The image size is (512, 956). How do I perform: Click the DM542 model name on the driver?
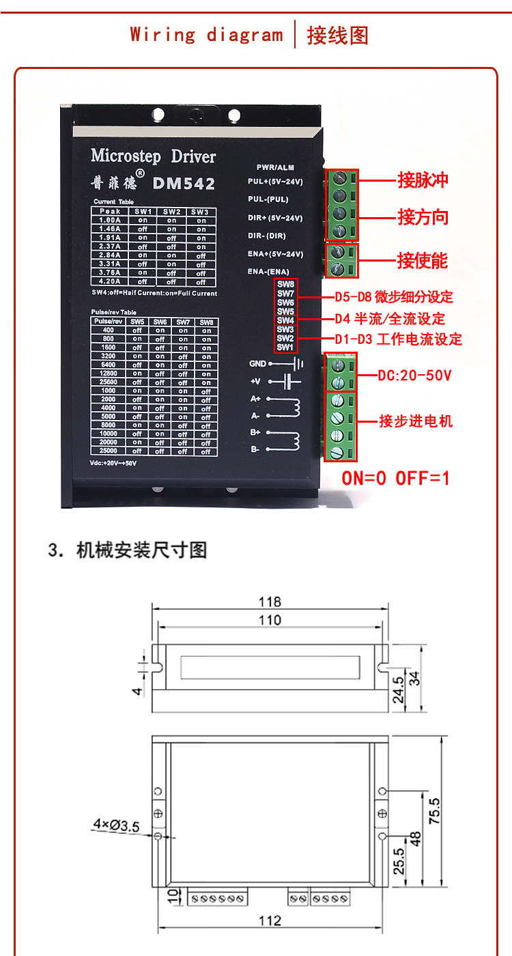coord(184,184)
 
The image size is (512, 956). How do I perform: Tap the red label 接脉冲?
coord(423,180)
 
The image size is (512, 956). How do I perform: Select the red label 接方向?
coord(423,218)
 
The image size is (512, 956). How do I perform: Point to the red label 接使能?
coord(423,260)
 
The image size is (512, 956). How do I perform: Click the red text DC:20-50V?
coord(414,375)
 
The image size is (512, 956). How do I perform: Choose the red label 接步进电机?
coord(416,421)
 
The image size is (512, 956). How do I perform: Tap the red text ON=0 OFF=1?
coord(395,477)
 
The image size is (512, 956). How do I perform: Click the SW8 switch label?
coord(285,284)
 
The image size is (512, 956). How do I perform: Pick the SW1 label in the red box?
coord(285,347)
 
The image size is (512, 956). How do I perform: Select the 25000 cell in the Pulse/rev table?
coord(109,451)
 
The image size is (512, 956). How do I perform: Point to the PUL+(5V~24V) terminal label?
coord(275,182)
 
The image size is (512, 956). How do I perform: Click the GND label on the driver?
coord(257,364)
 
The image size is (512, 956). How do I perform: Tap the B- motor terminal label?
coord(255,449)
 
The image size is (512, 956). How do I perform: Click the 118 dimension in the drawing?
coord(270,602)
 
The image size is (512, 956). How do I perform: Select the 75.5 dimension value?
coord(434,811)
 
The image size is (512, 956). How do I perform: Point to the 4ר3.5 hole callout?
coord(116,826)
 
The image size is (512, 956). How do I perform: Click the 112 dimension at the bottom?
coord(270,920)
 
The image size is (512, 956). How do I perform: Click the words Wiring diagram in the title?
coord(206,34)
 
